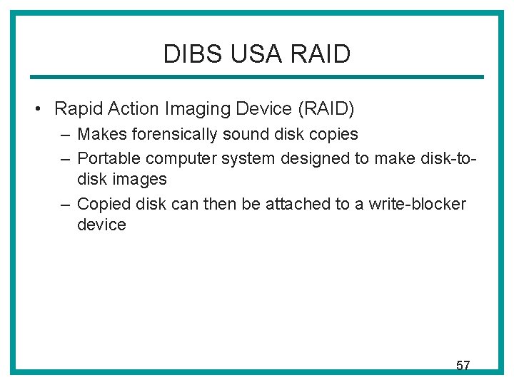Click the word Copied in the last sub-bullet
pos(100,204)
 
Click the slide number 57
pos(463,366)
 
